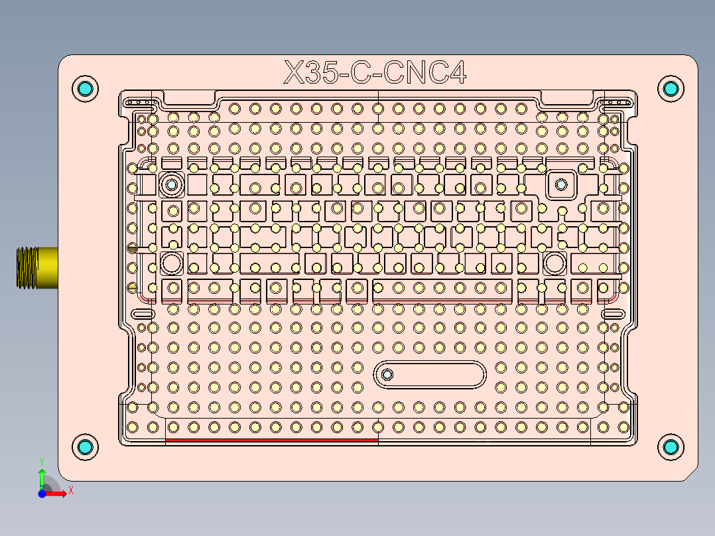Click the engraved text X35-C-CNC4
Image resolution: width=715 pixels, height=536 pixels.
pos(375,73)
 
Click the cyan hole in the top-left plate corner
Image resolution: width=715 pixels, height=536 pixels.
pos(85,89)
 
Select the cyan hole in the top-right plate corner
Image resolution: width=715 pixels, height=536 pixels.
pos(670,89)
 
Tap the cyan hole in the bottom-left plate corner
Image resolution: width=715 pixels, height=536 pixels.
pos(85,447)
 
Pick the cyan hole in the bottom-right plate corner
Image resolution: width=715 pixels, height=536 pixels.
pos(670,447)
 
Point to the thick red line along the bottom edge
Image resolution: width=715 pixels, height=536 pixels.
pos(271,439)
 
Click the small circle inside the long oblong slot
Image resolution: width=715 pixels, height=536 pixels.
pos(387,375)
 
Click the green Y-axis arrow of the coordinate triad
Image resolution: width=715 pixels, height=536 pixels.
pos(41,475)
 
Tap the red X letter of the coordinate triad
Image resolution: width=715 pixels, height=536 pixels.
pos(70,491)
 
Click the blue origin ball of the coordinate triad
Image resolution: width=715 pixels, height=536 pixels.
pos(42,494)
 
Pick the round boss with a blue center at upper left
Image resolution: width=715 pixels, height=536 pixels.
pos(172,184)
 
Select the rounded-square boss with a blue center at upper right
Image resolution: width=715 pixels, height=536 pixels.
pos(561,184)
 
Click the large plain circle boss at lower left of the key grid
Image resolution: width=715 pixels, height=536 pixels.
pos(172,263)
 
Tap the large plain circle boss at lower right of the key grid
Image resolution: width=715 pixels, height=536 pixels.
pos(554,263)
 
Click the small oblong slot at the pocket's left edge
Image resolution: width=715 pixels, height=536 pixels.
pos(143,313)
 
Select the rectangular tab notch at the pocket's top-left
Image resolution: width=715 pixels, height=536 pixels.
pos(188,98)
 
